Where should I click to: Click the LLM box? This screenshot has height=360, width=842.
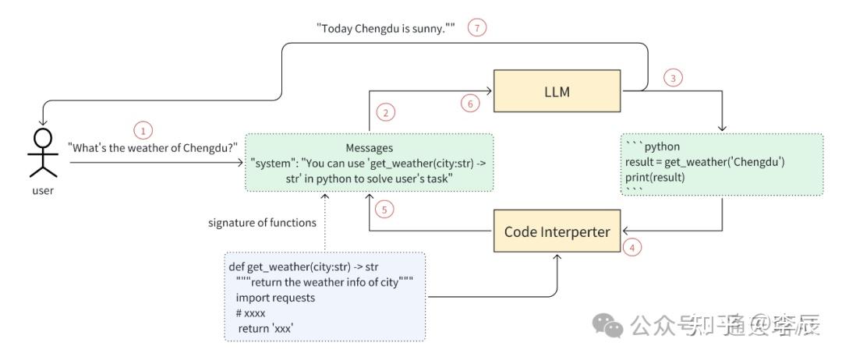pos(557,92)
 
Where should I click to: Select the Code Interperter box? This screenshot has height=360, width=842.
pos(557,231)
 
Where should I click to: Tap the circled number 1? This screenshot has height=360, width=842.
pos(142,130)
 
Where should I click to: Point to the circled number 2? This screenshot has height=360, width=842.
pos(384,113)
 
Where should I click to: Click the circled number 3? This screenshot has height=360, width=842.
pos(672,77)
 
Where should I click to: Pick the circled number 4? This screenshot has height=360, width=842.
pos(633,247)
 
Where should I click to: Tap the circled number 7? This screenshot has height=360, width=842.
pos(477,27)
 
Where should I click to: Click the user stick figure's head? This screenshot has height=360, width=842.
pos(43,139)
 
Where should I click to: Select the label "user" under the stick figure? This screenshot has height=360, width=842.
pos(43,191)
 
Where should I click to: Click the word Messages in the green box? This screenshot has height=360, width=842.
pos(370,147)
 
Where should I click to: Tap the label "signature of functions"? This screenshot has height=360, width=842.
pos(262,223)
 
